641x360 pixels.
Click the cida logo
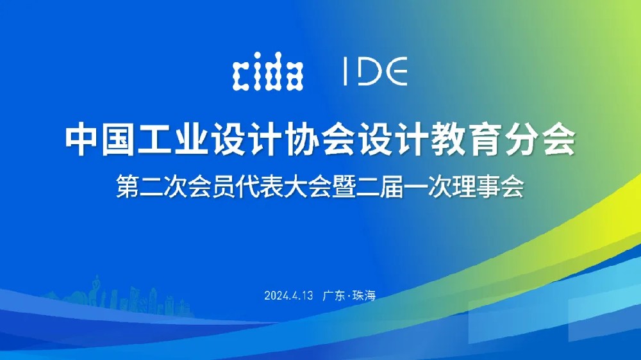[268, 71]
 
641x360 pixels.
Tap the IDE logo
[375, 71]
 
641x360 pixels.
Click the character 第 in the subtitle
[128, 187]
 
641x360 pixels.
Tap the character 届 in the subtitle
[392, 187]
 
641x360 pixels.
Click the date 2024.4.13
[288, 295]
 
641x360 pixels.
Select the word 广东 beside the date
[334, 295]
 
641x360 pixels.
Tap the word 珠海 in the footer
[364, 295]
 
